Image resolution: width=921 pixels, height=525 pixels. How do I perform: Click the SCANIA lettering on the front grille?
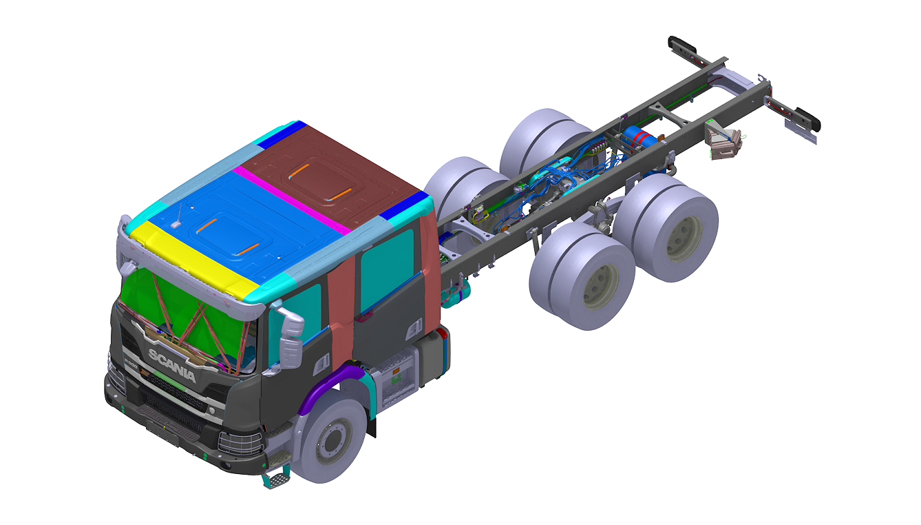171,365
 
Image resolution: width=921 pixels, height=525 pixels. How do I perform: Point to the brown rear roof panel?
330,172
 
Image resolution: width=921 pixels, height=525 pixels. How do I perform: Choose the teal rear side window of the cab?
387,265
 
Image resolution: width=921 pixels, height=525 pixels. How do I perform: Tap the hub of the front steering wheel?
328,439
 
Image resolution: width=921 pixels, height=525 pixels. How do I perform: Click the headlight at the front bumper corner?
237,441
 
